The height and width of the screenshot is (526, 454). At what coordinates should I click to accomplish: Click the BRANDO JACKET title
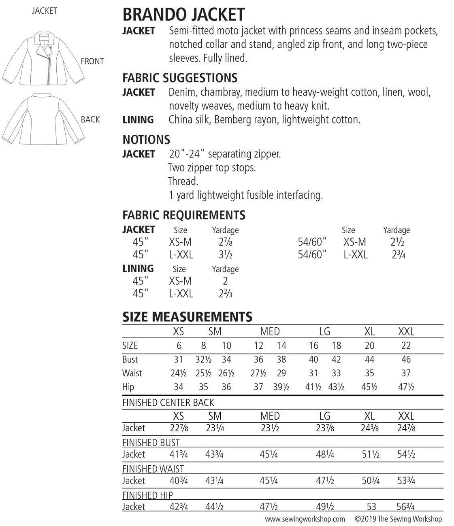tap(183, 15)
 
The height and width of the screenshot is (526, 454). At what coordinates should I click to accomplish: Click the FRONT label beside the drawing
tap(92, 62)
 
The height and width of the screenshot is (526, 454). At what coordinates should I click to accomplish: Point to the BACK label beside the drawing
tap(90, 120)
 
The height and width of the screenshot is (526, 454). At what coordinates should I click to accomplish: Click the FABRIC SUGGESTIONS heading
tap(180, 78)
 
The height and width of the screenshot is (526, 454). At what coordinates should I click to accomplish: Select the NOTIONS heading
tap(146, 140)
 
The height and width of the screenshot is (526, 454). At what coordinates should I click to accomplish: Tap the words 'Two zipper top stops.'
tap(212, 168)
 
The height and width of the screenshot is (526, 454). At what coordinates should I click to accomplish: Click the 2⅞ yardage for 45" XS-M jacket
tap(225, 242)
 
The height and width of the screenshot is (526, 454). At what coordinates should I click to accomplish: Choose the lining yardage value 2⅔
tap(225, 294)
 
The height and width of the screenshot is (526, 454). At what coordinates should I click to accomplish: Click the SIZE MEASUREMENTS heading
tap(187, 316)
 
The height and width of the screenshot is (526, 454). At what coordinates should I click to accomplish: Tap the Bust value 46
tap(406, 359)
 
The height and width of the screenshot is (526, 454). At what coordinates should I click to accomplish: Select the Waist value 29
tap(281, 373)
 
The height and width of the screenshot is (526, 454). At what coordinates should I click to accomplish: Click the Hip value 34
tap(178, 387)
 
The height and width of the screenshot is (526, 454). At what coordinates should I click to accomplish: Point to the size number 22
tap(406, 346)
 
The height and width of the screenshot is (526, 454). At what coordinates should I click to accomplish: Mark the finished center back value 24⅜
tap(370, 428)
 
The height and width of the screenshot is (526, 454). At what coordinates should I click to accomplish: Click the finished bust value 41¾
tap(179, 454)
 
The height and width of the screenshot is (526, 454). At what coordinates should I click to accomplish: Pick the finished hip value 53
tap(371, 507)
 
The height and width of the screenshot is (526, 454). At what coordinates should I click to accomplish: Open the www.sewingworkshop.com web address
tap(305, 519)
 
